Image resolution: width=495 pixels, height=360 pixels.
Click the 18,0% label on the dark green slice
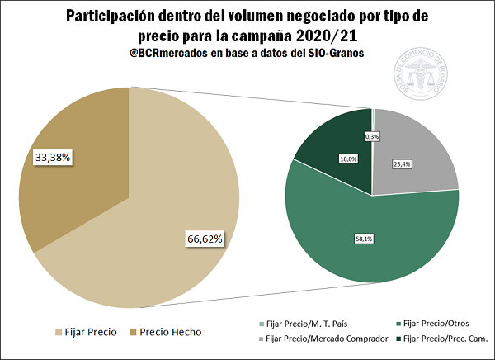[x=346, y=159]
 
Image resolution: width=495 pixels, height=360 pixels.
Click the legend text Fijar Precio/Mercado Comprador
[x=315, y=339]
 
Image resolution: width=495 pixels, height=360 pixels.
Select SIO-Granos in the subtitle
[x=332, y=53]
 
